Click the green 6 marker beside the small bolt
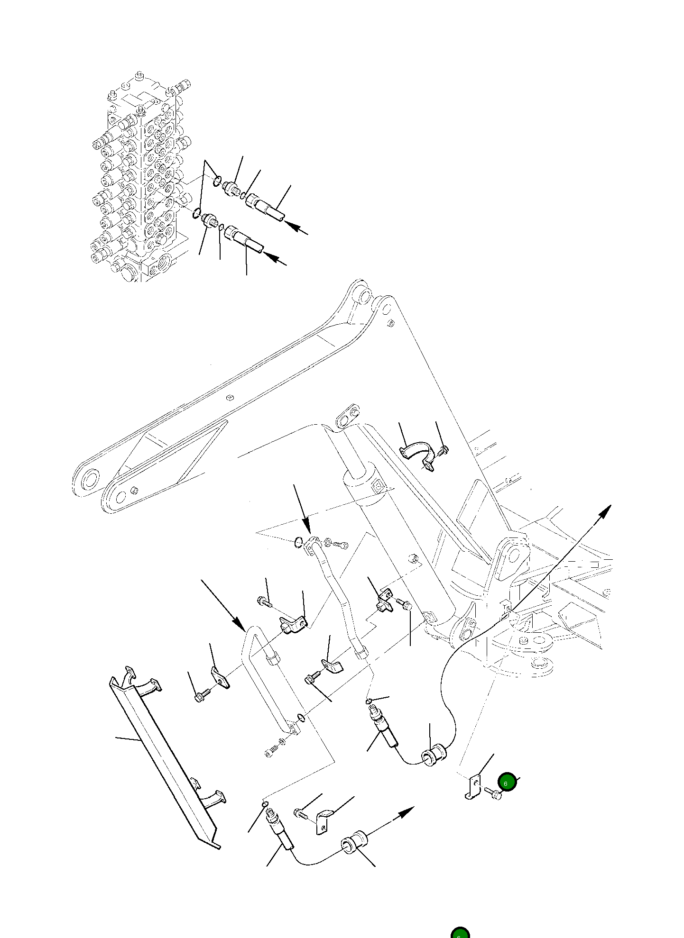tap(507, 783)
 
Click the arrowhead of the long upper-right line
tap(605, 511)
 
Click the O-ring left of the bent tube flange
tap(298, 542)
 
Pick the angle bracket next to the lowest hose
tap(324, 822)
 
